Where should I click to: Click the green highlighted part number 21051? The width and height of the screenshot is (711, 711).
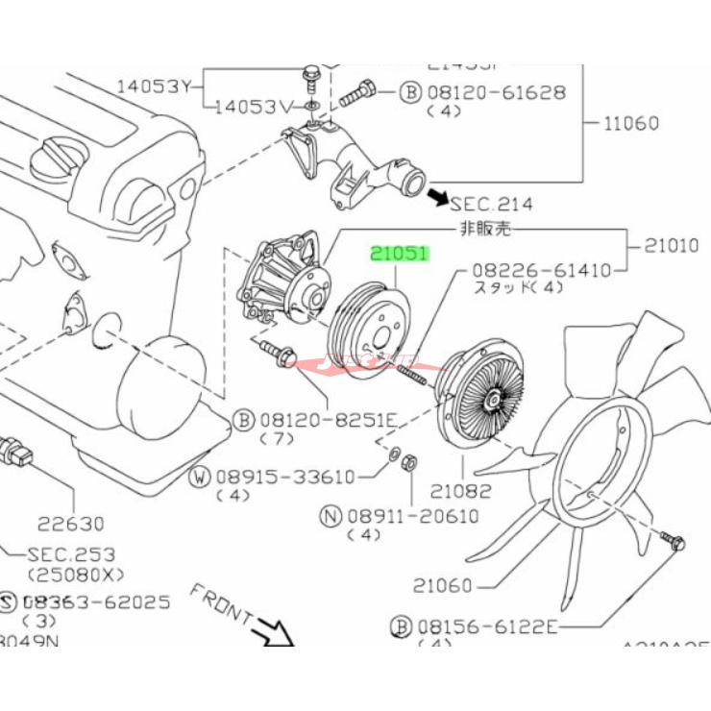(401, 254)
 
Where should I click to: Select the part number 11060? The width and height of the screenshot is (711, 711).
(631, 123)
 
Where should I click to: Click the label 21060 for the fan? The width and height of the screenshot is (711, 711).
(443, 584)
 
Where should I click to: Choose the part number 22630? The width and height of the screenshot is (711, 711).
(71, 524)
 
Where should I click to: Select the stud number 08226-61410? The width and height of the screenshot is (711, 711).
(541, 271)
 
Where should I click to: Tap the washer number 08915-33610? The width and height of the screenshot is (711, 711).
(284, 476)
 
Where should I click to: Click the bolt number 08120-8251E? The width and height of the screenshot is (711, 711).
(319, 420)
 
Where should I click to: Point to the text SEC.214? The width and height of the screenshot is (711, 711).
(491, 204)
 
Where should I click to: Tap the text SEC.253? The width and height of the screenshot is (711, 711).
(71, 554)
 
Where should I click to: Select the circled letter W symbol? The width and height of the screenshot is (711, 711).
(200, 476)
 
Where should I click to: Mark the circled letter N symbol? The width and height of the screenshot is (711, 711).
(331, 516)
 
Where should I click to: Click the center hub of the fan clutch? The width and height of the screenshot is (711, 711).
(492, 394)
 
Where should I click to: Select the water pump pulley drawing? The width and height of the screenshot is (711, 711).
(371, 331)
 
